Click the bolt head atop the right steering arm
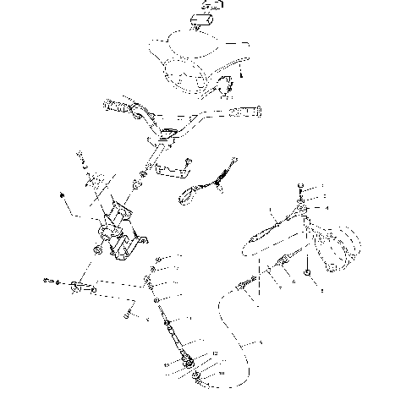click(x=301, y=187)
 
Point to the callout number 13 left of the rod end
click(x=167, y=365)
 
